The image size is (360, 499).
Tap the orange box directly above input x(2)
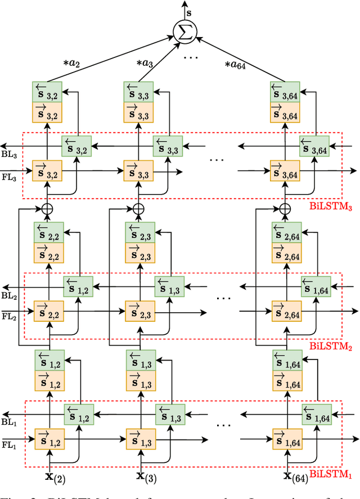(x=48, y=438)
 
